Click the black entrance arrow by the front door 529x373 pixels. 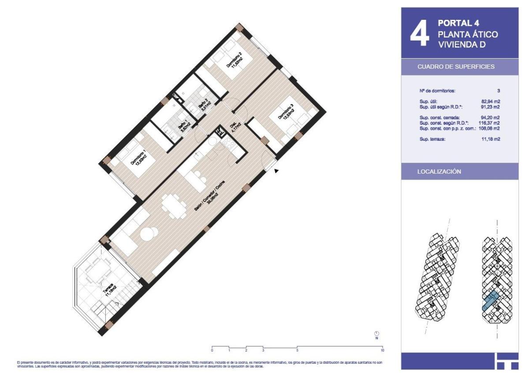pos(276,171)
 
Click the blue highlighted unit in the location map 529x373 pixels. pos(490,302)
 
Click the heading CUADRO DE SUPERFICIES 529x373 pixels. pos(456,67)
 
